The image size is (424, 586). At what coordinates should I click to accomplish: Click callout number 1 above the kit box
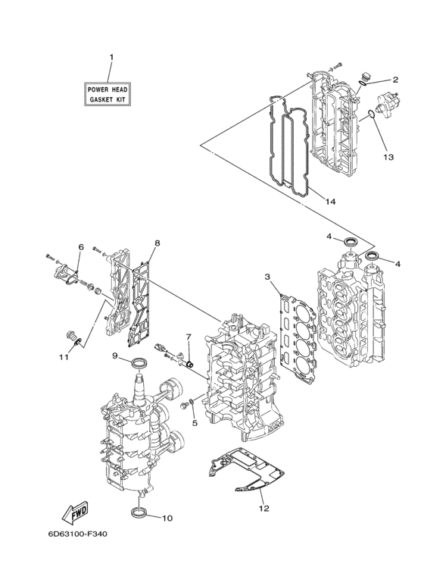click(x=111, y=58)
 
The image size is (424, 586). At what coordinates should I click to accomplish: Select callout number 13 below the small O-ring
click(x=388, y=158)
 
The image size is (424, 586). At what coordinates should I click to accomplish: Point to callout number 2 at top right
click(x=394, y=80)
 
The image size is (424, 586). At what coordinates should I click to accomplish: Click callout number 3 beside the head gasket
click(x=267, y=277)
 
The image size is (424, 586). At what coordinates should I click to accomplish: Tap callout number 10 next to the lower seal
click(x=167, y=519)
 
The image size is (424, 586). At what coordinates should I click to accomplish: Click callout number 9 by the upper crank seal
click(x=116, y=356)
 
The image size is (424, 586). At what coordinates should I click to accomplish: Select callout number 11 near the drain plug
click(x=64, y=356)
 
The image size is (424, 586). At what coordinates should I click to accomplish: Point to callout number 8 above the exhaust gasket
click(x=157, y=243)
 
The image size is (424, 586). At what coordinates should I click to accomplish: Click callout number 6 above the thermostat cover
click(x=80, y=247)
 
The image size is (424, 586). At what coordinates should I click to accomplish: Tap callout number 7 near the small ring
click(x=189, y=336)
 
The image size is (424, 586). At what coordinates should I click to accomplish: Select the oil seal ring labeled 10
click(x=139, y=516)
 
